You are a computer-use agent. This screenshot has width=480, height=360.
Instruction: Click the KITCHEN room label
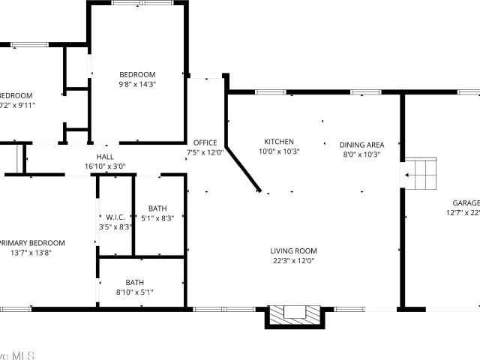pyautogui.click(x=279, y=142)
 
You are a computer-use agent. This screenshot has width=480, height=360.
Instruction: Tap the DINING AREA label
pyautogui.click(x=361, y=145)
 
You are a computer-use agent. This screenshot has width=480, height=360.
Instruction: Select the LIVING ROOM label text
pyautogui.click(x=293, y=251)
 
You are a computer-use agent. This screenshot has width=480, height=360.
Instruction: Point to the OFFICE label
pyautogui.click(x=205, y=142)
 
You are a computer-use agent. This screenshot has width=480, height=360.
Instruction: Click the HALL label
pyautogui.click(x=104, y=157)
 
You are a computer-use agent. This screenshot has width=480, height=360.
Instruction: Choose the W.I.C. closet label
pyautogui.click(x=115, y=217)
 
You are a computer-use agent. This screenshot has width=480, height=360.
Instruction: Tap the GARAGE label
pyautogui.click(x=466, y=203)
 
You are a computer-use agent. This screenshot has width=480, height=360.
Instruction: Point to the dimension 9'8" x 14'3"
pyautogui.click(x=137, y=85)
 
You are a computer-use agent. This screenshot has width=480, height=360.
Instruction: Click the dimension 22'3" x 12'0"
pyautogui.click(x=293, y=261)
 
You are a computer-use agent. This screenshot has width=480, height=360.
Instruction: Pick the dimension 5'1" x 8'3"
pyautogui.click(x=157, y=218)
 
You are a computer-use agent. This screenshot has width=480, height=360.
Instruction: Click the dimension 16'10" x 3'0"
pyautogui.click(x=105, y=166)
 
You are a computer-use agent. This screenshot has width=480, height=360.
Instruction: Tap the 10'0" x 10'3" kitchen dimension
pyautogui.click(x=279, y=151)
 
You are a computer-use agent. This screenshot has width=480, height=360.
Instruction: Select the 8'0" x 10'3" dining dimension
pyautogui.click(x=361, y=154)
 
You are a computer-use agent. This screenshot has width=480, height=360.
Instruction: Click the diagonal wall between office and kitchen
pyautogui.click(x=244, y=169)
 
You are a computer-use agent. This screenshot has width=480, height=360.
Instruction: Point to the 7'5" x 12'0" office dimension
pyautogui.click(x=205, y=152)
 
